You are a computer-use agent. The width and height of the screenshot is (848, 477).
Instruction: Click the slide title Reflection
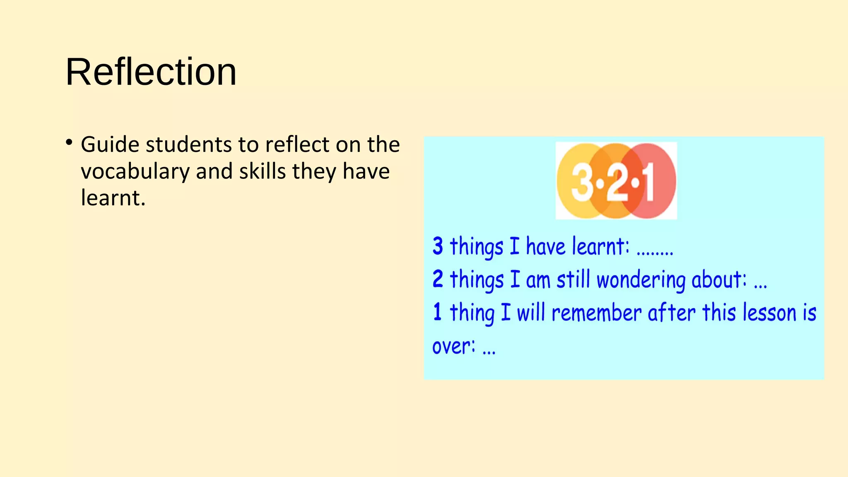point(151,72)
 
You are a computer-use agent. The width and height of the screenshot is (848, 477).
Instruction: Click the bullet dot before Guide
point(69,143)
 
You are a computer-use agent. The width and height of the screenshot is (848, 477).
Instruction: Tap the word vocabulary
point(135,172)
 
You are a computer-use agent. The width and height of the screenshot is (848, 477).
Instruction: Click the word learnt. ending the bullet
point(113,198)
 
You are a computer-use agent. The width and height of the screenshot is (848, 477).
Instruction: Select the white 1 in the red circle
point(648,181)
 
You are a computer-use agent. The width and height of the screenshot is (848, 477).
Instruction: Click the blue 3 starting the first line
point(438,246)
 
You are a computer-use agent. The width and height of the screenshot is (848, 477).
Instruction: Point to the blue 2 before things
point(438,279)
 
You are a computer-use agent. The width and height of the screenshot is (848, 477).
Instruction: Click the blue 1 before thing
point(437,312)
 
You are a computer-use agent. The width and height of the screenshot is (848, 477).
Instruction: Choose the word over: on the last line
point(453,346)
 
